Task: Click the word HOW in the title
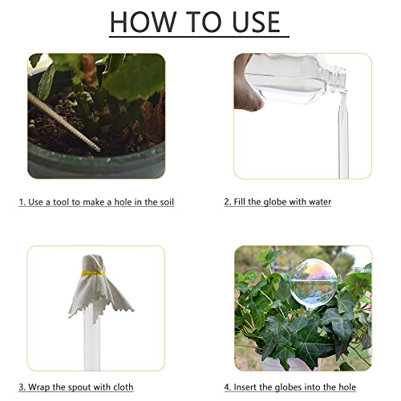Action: click(143, 22)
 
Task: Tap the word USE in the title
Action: click(257, 22)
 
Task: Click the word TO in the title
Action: click(204, 22)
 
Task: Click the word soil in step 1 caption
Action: click(167, 202)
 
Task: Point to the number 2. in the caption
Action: click(228, 201)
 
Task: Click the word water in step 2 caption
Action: click(320, 201)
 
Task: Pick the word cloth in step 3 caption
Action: click(124, 387)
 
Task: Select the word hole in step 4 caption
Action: click(347, 387)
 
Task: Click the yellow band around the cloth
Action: click(93, 273)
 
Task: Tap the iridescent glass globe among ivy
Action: click(314, 284)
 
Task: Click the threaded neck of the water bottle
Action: click(338, 78)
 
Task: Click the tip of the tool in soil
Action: click(99, 150)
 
